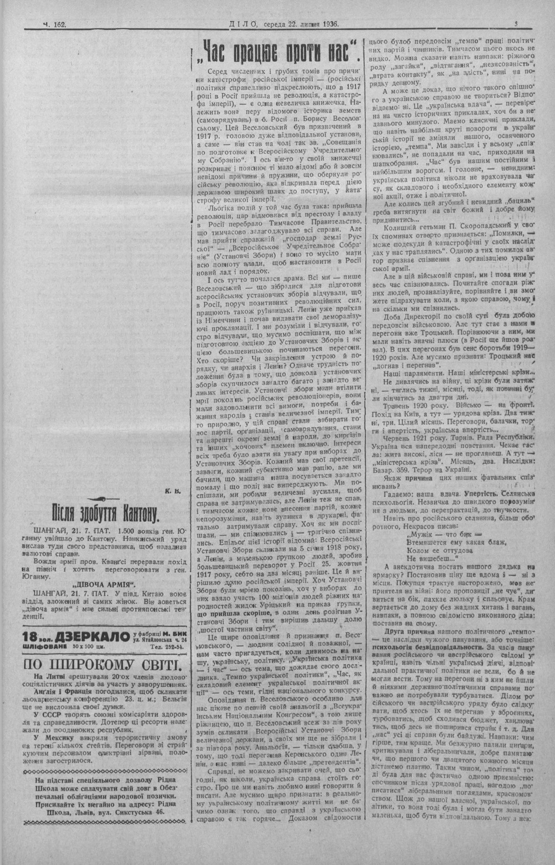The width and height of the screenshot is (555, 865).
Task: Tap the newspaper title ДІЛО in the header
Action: pos(243,24)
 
